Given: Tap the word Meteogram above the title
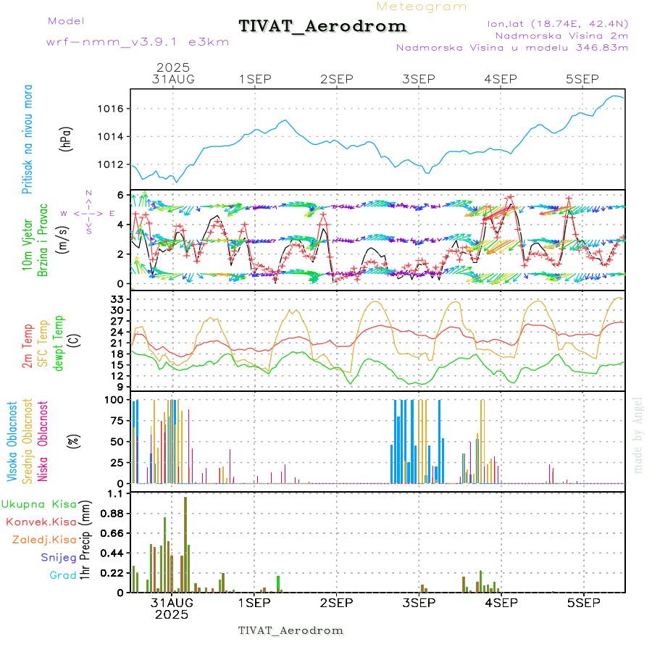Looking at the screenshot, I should coord(422,7).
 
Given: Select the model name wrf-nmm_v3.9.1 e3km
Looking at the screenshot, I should coord(138,42).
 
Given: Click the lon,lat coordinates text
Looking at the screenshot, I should coord(558,23).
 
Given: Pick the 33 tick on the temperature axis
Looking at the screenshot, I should coord(120,299).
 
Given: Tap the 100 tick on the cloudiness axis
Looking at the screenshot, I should coord(116,400).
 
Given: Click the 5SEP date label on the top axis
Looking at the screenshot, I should coord(582,79).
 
